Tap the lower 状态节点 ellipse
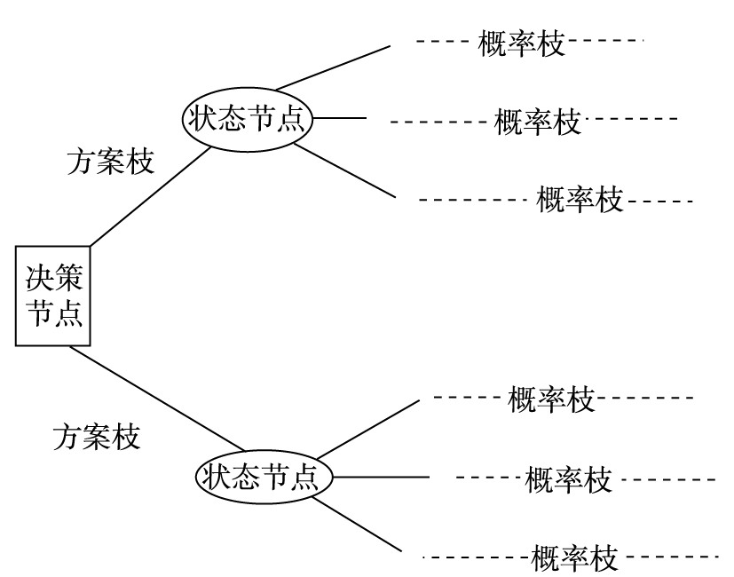[264, 478]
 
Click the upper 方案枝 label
[111, 162]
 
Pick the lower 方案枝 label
[97, 437]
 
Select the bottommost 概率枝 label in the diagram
[573, 559]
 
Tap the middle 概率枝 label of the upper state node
[537, 122]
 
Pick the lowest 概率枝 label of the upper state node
[580, 200]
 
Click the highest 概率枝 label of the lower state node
[551, 399]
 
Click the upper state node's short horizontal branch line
[341, 117]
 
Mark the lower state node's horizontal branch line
[382, 478]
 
